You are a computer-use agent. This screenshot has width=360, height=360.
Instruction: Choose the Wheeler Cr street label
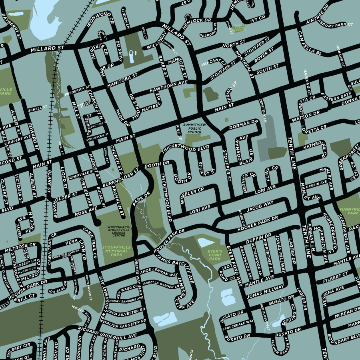[192, 196]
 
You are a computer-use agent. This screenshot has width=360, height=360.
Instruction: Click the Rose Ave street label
[86, 210]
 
